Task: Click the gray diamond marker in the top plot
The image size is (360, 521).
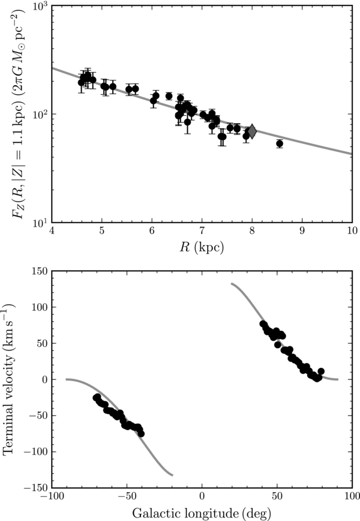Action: tap(252, 131)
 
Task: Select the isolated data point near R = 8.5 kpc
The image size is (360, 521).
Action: tap(280, 143)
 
